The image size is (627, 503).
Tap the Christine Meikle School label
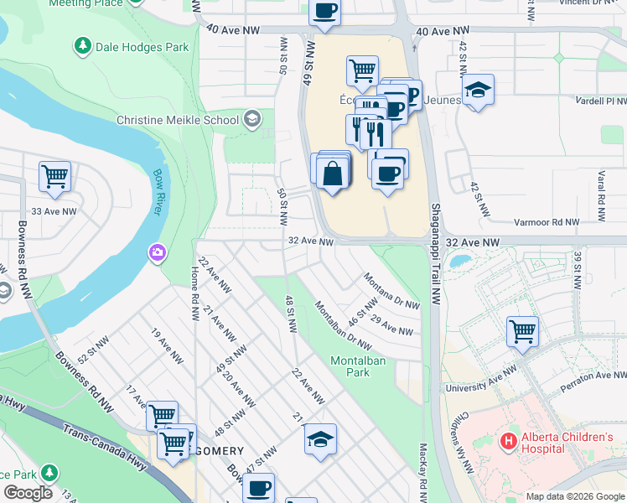[177, 120]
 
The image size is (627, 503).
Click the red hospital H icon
[508, 440]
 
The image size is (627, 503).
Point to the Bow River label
[158, 192]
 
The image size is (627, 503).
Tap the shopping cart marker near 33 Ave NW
[54, 176]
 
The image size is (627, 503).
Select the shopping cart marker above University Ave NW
[522, 331]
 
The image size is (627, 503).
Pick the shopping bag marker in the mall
[333, 174]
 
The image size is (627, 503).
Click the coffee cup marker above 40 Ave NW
[324, 11]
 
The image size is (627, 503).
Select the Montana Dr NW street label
[391, 291]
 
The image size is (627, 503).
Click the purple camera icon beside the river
[157, 252]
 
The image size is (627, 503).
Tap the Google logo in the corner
[28, 493]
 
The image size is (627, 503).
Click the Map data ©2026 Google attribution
[575, 496]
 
